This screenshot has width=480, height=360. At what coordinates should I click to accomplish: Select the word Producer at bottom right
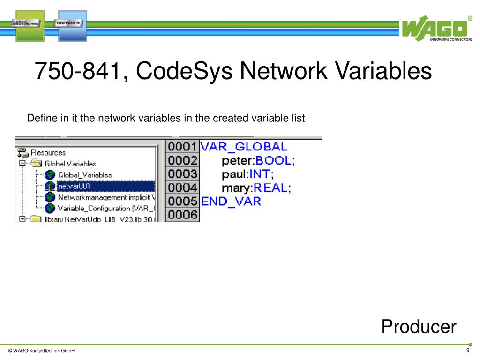tap(419, 326)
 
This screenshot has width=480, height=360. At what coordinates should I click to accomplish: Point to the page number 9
tap(467, 351)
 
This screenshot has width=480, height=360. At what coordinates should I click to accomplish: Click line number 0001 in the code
tap(182, 147)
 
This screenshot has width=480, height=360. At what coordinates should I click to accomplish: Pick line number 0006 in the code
tap(182, 215)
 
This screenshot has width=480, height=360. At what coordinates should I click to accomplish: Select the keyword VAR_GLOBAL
tap(243, 146)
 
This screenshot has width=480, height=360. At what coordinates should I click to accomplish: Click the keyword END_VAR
tap(231, 202)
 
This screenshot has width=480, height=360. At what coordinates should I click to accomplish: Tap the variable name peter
tap(237, 161)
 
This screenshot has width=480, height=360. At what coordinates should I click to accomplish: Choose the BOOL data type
tap(273, 161)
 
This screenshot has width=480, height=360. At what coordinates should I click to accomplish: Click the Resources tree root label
tap(48, 152)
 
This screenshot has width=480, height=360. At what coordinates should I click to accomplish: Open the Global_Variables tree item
tap(85, 175)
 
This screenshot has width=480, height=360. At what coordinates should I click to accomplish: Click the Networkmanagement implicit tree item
tap(106, 197)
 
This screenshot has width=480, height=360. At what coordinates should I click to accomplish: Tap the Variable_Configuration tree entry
tap(106, 208)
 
